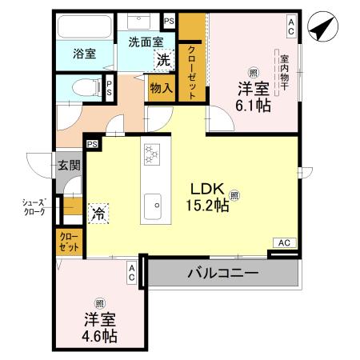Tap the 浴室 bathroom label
pos(85,54)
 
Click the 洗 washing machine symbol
pos(164,59)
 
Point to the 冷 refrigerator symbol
pos(98,213)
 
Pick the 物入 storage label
pos(161,88)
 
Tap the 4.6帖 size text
pos(99,335)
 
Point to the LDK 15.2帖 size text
pos(210,205)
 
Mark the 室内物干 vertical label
pos(284,73)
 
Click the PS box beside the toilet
pos(108,87)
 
